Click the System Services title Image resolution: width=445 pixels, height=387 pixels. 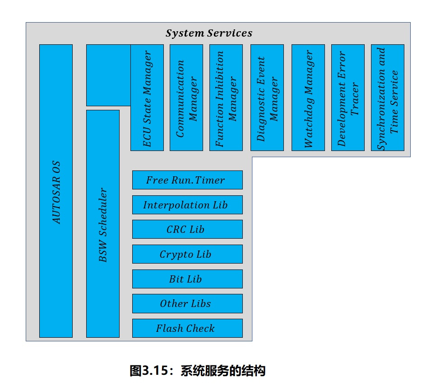click(x=209, y=33)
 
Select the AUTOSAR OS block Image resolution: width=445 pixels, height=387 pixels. click(x=56, y=191)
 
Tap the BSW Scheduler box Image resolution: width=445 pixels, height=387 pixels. click(x=103, y=224)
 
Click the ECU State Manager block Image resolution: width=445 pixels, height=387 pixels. click(x=147, y=98)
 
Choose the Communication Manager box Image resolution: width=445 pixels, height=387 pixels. click(x=186, y=98)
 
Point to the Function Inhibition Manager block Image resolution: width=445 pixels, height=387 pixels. click(x=226, y=98)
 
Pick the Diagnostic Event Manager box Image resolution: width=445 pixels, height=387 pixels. click(x=267, y=98)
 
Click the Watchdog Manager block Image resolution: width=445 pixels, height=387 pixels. click(x=308, y=98)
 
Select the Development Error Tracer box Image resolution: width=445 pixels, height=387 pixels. click(x=348, y=98)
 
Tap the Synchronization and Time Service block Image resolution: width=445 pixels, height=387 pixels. click(x=388, y=98)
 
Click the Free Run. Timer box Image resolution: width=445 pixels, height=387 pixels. click(x=187, y=180)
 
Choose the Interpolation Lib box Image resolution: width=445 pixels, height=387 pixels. click(x=187, y=205)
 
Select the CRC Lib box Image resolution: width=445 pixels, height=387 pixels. click(x=187, y=229)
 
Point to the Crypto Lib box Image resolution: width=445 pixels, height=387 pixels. click(x=187, y=254)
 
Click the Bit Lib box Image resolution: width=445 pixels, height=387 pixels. click(x=187, y=279)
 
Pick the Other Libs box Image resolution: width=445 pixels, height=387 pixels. click(x=187, y=304)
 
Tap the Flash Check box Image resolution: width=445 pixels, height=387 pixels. click(x=187, y=328)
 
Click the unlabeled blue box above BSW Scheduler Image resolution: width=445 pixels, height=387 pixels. click(x=108, y=75)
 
